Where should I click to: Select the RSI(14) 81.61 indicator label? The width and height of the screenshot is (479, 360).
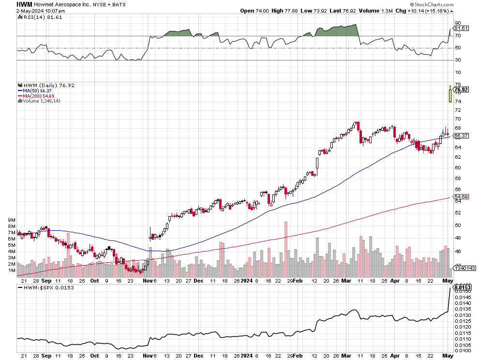click(x=37, y=17)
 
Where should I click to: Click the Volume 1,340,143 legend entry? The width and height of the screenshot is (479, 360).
click(x=41, y=101)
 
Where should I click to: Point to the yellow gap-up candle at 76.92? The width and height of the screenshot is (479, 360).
click(x=450, y=94)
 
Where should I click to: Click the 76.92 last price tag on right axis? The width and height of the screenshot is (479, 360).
click(x=461, y=90)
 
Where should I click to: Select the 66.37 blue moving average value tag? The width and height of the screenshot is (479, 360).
click(x=461, y=136)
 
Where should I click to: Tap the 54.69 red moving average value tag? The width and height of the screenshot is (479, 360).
click(x=461, y=197)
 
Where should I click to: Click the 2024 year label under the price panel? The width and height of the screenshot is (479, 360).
click(x=247, y=280)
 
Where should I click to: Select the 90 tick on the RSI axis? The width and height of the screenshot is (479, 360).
click(x=457, y=23)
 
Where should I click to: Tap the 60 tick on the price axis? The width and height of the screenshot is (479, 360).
click(x=457, y=167)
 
